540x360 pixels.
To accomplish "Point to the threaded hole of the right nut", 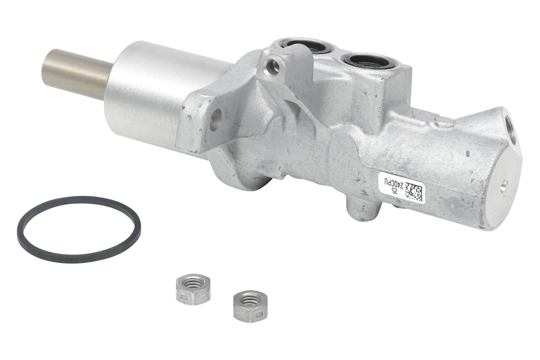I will tap(250, 298).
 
